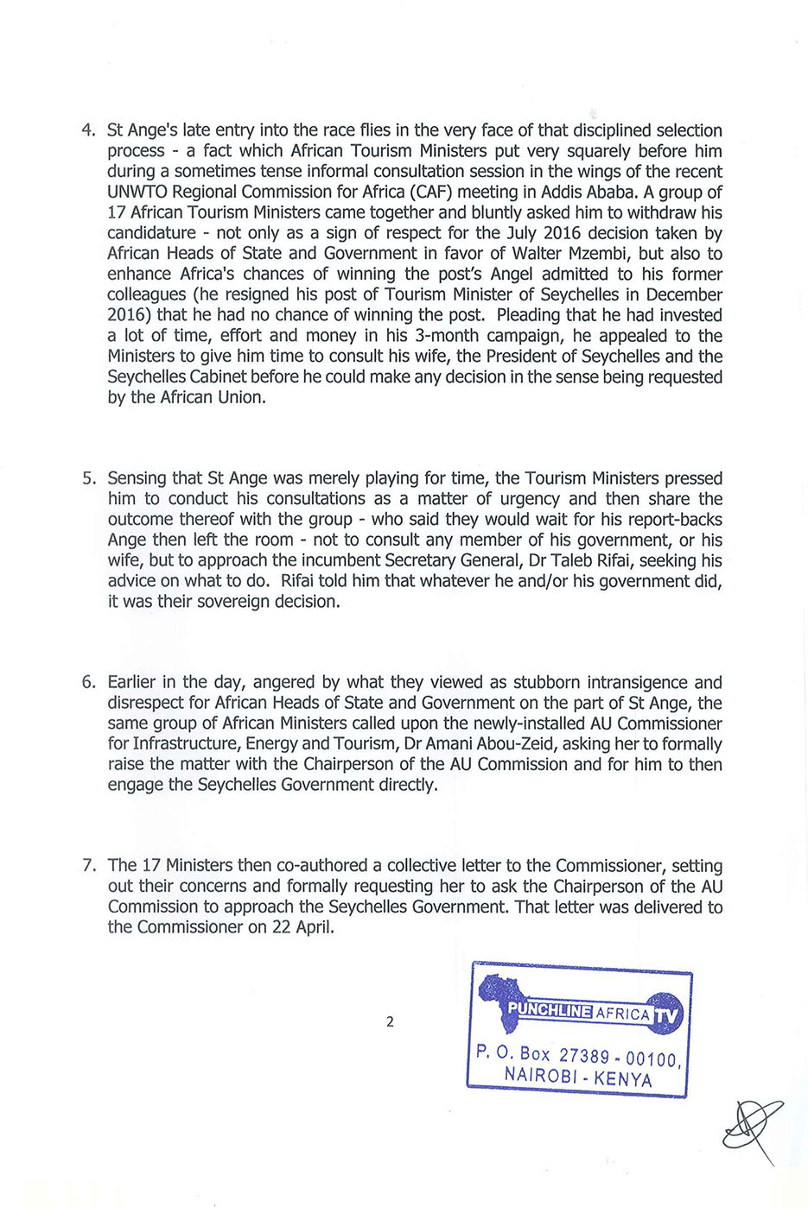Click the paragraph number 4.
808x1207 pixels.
(x=87, y=130)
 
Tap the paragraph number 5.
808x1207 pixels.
(x=87, y=478)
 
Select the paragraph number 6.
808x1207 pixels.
(x=87, y=682)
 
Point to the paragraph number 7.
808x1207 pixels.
(x=87, y=866)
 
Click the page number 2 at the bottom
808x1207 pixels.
(x=390, y=1022)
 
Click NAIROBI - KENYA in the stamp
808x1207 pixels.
(x=578, y=1077)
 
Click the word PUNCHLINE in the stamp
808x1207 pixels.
(x=550, y=1010)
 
